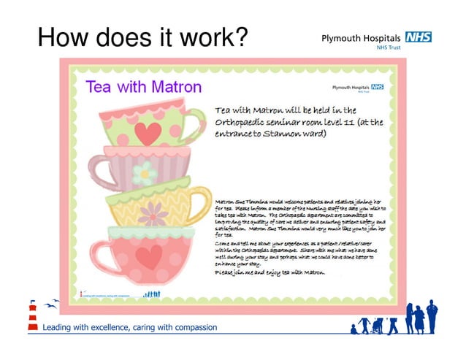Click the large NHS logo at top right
tap(418, 37)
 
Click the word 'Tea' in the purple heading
tap(99, 87)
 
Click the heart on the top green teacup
tap(149, 132)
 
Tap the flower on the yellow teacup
tap(153, 213)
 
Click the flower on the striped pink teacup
tap(145, 173)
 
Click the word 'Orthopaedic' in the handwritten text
tap(246, 122)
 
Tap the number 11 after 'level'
tap(348, 122)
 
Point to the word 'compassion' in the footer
tap(189, 326)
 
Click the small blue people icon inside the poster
tap(153, 294)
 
